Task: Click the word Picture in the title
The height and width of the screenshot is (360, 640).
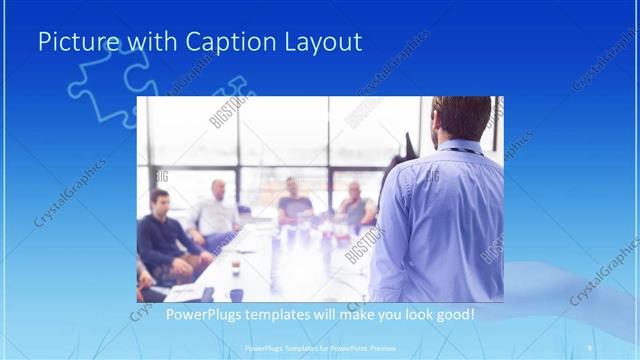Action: (74, 42)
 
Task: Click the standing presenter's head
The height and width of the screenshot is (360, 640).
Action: (461, 118)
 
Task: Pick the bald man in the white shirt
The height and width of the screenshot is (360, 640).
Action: (216, 212)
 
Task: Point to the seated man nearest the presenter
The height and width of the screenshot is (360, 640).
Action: (355, 205)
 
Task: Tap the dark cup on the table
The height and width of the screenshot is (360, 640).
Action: (236, 268)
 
